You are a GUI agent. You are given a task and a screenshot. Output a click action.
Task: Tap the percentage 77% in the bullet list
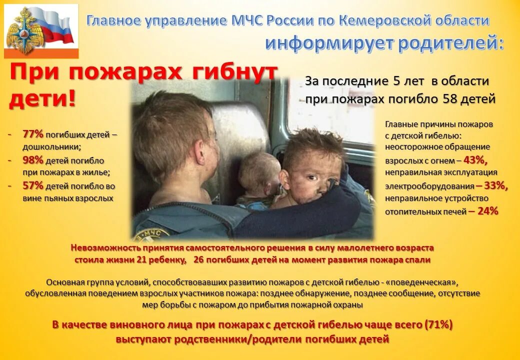[x=33, y=134]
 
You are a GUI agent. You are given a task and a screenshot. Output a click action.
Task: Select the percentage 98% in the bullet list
[x=33, y=160]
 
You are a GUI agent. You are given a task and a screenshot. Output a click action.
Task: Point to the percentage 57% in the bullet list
[x=33, y=186]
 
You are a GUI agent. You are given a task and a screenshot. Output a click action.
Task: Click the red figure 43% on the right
[x=475, y=160]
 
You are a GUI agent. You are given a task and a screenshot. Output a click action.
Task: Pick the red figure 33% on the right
[x=495, y=185]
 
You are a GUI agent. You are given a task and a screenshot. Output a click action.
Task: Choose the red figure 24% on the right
[x=487, y=211]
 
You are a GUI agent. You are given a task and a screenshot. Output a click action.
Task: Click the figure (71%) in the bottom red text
[x=438, y=324]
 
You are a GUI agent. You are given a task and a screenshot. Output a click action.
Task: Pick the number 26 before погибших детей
[x=198, y=260]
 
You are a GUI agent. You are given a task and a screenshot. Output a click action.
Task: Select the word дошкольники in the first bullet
[x=50, y=147]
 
